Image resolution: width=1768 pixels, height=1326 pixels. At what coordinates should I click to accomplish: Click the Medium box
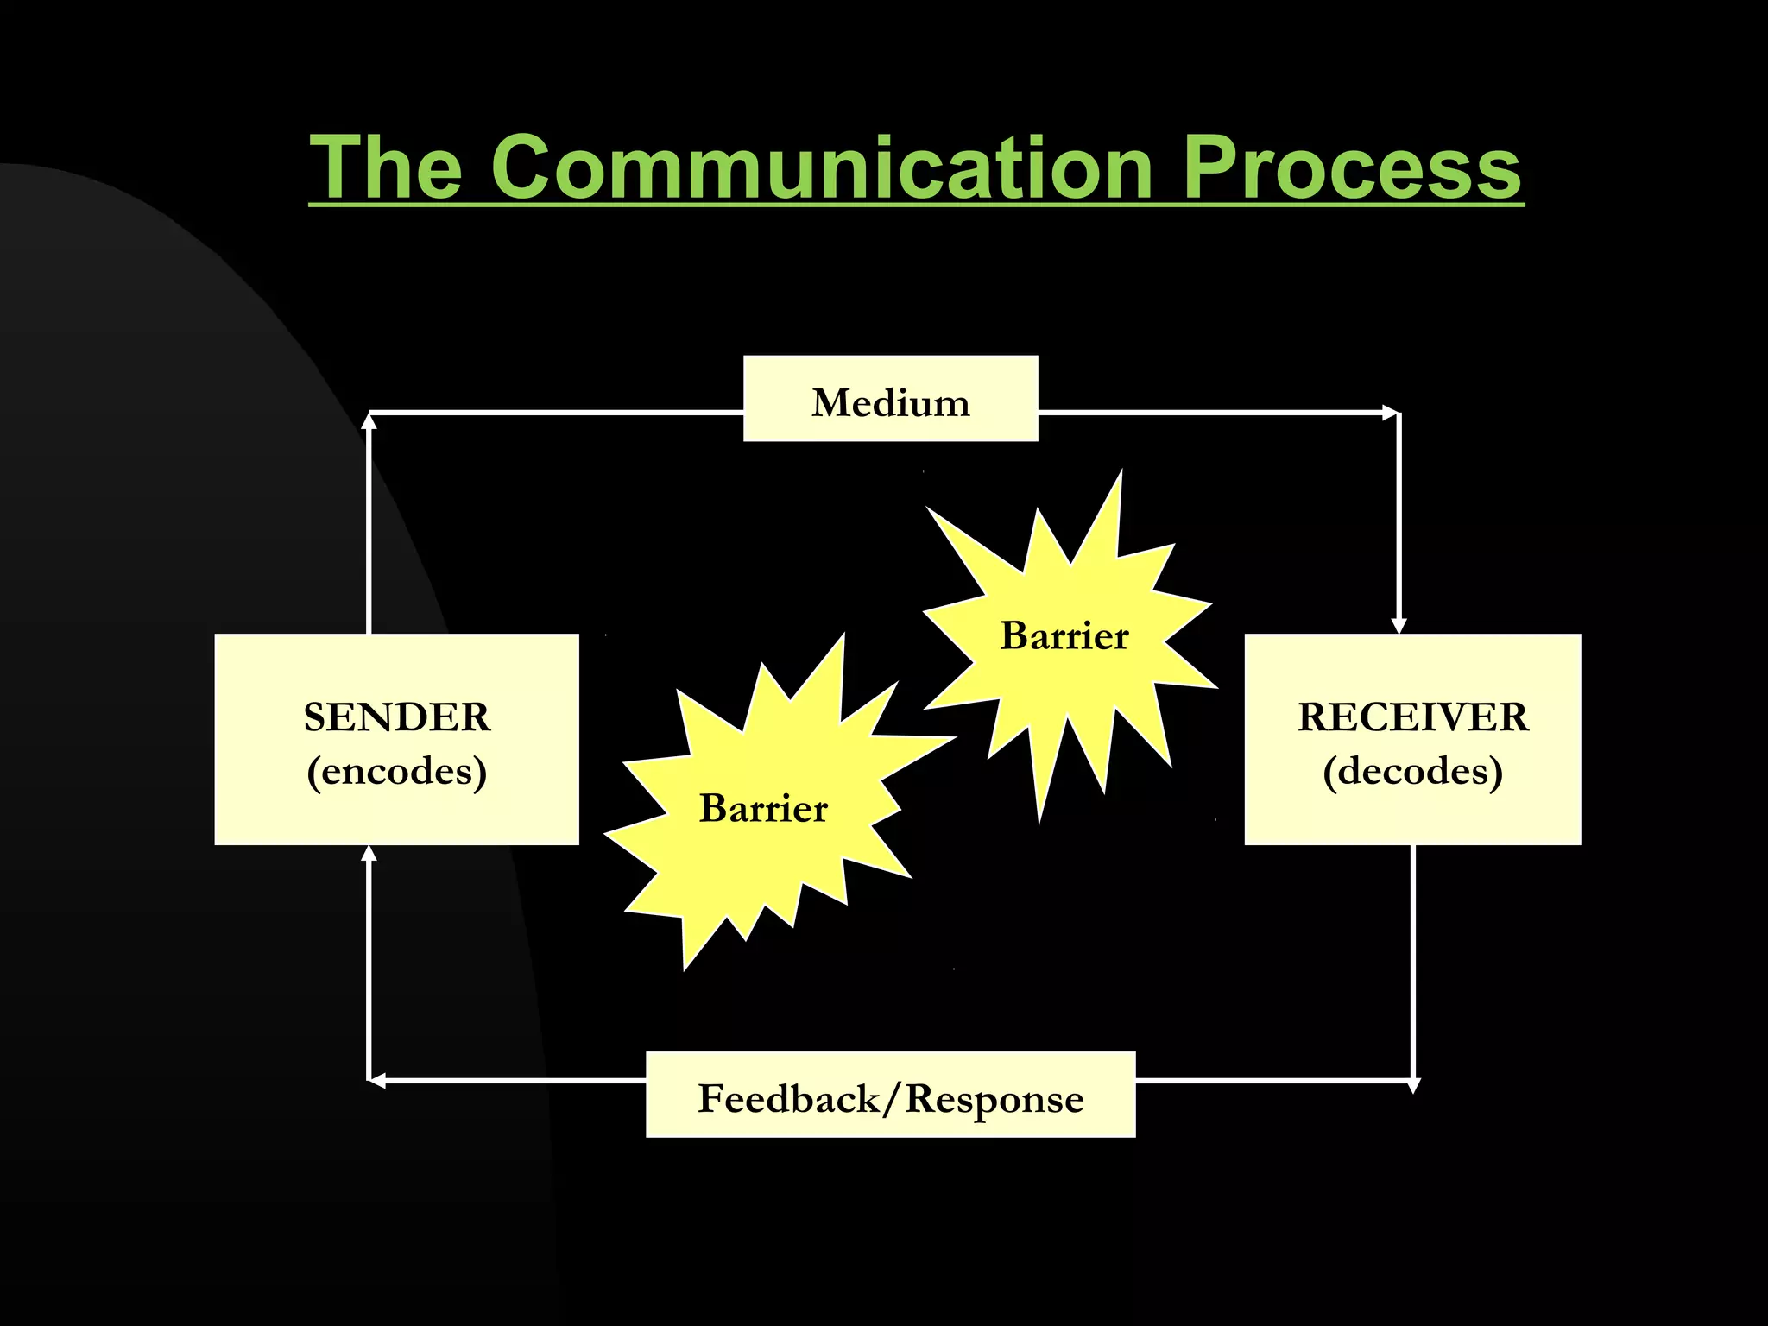pyautogui.click(x=890, y=399)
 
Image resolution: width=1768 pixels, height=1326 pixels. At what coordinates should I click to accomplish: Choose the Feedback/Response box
pyautogui.click(x=890, y=1095)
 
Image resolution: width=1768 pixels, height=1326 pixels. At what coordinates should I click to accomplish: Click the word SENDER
pyautogui.click(x=396, y=717)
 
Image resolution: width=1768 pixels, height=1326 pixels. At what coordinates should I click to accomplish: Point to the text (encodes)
pyautogui.click(x=396, y=771)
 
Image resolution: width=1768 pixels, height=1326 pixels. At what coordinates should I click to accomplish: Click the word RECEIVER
pyautogui.click(x=1412, y=717)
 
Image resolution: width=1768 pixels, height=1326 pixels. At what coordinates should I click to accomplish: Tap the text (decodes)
pyautogui.click(x=1412, y=771)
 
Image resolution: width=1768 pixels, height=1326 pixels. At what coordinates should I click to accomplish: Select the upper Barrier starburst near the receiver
pyautogui.click(x=1064, y=636)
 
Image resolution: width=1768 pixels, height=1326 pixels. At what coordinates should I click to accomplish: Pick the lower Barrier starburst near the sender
pyautogui.click(x=763, y=808)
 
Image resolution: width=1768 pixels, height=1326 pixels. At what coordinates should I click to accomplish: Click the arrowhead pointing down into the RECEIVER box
pyautogui.click(x=1399, y=625)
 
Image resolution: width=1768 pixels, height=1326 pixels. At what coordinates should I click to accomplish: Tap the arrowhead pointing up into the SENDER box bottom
pyautogui.click(x=369, y=854)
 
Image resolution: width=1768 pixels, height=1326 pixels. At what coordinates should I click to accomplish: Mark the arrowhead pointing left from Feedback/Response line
pyautogui.click(x=377, y=1080)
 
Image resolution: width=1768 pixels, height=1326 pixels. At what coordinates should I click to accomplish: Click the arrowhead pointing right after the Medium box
pyautogui.click(x=1390, y=414)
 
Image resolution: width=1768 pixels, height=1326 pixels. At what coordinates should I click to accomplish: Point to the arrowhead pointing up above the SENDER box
pyautogui.click(x=369, y=422)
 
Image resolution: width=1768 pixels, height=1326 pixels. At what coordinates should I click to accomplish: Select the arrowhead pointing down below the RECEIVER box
pyautogui.click(x=1413, y=1085)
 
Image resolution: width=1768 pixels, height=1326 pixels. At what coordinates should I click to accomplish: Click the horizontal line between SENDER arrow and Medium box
pyautogui.click(x=557, y=414)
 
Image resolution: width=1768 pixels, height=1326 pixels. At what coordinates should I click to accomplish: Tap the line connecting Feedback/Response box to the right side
pyautogui.click(x=1273, y=1080)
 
